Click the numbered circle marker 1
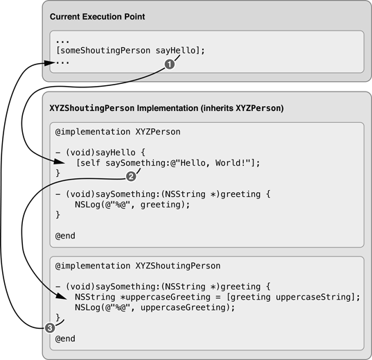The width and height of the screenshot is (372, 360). click(170, 64)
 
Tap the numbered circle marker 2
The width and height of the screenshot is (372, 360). click(131, 177)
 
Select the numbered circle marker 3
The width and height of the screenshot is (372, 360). click(50, 328)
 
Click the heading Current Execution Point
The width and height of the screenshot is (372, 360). click(97, 17)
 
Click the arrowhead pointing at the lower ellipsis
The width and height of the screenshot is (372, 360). click(50, 62)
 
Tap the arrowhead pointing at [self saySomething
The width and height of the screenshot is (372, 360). click(60, 162)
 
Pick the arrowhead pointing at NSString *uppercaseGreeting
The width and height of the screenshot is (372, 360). click(62, 296)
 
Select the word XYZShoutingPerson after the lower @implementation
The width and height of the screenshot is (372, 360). click(178, 266)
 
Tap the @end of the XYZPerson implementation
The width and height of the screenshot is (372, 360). click(65, 236)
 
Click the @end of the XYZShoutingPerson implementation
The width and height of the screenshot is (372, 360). click(65, 338)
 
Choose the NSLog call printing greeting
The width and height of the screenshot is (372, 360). click(132, 205)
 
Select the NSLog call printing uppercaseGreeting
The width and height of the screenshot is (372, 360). click(155, 307)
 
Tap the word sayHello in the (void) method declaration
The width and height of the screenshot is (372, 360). click(116, 153)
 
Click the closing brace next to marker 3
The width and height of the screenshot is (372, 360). click(57, 318)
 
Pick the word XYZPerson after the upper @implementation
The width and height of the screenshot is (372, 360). click(158, 132)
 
